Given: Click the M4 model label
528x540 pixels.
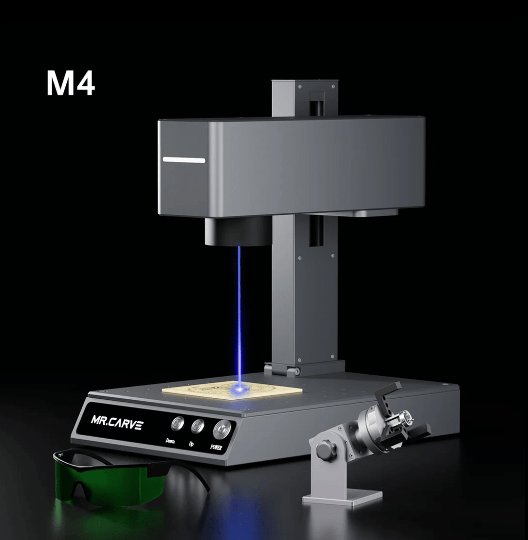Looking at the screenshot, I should (x=71, y=83).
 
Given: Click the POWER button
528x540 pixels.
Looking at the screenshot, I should (x=222, y=428).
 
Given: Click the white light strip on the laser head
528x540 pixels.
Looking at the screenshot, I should (x=184, y=160).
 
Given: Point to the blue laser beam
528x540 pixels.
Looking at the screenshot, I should (x=239, y=312).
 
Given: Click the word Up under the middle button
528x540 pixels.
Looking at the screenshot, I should (x=191, y=443).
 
